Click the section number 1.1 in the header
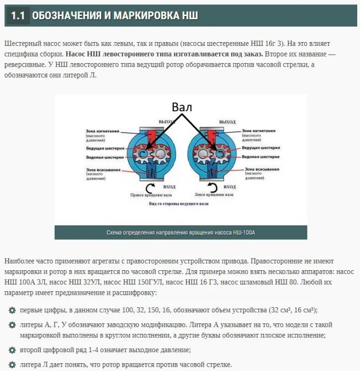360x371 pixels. (x=18, y=16)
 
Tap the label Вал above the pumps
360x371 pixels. (x=182, y=107)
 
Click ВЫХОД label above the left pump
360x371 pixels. (x=166, y=121)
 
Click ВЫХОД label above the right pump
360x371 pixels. (x=227, y=121)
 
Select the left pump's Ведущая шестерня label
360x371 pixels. (x=101, y=148)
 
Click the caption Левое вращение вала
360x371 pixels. (x=212, y=195)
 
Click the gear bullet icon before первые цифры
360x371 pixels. (x=12, y=310)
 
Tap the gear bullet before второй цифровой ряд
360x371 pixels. (x=12, y=350)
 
